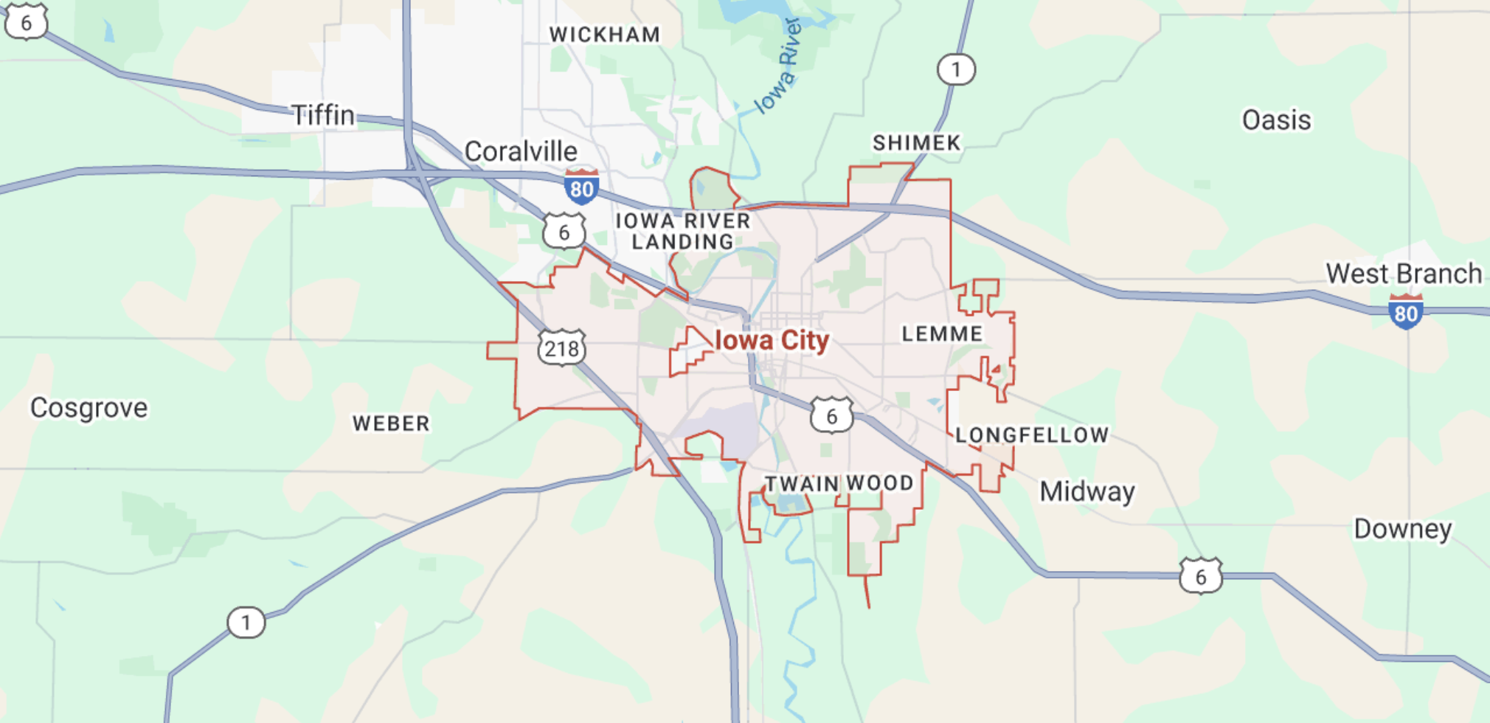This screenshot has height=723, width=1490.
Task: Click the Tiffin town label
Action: click(323, 115)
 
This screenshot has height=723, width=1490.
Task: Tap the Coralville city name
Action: click(521, 151)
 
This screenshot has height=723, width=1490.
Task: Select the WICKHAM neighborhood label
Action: click(605, 35)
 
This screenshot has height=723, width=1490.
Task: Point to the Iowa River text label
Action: click(780, 66)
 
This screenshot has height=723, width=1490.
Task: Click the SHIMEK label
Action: click(917, 142)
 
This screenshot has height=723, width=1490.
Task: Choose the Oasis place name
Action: click(1276, 120)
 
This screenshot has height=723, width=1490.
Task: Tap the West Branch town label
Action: click(1404, 274)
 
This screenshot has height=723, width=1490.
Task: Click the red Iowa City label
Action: click(772, 340)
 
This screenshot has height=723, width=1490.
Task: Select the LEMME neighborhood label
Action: click(942, 333)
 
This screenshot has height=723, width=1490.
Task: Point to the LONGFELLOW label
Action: click(1032, 435)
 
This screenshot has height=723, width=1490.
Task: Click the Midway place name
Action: click(1087, 491)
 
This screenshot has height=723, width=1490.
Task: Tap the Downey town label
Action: click(1402, 529)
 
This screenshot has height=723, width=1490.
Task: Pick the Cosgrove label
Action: click(89, 407)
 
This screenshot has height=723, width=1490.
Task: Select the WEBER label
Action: click(391, 423)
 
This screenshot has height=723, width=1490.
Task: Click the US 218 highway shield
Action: click(562, 347)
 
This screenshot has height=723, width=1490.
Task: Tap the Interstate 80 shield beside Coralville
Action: click(581, 187)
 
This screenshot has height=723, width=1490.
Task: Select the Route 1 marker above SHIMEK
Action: click(957, 69)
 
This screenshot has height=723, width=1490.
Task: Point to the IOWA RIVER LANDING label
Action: click(683, 231)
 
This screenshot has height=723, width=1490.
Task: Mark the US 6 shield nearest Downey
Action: click(1201, 576)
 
